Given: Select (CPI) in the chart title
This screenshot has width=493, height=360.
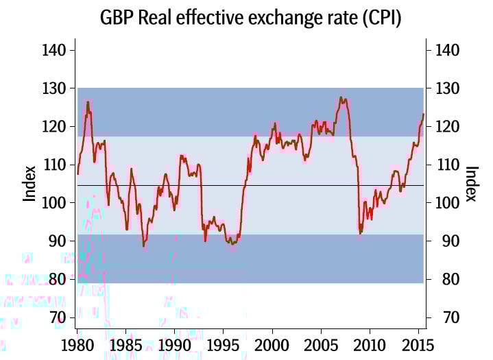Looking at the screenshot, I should (376, 19).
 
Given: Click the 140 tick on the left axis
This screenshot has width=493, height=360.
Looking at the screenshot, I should (54, 50).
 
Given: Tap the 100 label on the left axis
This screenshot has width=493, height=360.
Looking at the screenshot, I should (54, 203).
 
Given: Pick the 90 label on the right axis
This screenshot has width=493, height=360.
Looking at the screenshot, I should (441, 241).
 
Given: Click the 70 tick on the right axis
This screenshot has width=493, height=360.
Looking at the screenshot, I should (441, 317).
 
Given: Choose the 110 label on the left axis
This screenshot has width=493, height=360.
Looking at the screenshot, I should (54, 165).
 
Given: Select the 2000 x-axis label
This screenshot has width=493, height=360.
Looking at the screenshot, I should (272, 344).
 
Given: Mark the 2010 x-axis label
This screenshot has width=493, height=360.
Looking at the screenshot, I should (370, 344).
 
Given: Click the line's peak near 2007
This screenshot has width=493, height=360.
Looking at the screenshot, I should (341, 97).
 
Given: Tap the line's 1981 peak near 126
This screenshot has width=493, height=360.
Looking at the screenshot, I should (88, 102).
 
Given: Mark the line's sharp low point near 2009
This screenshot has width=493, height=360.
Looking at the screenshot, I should (360, 234).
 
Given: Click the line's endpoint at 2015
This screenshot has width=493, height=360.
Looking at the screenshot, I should (424, 114).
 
